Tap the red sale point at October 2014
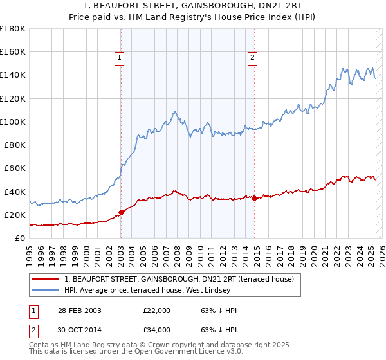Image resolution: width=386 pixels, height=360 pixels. pyautogui.click(x=255, y=198)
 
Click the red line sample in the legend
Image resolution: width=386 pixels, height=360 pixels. pyautogui.click(x=46, y=279)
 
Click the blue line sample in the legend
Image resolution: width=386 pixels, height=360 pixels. pyautogui.click(x=46, y=290)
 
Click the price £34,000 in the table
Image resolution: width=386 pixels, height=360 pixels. pyautogui.click(x=156, y=330)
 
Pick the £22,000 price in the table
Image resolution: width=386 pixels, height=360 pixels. pyautogui.click(x=156, y=310)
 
